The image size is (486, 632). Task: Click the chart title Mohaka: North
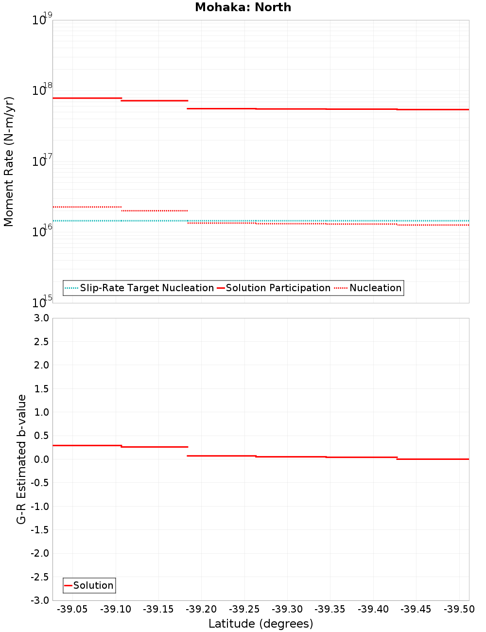pyautogui.click(x=243, y=7)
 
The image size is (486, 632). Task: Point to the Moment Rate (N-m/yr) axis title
pyautogui.click(x=9, y=161)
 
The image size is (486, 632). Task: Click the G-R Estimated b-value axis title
pyautogui.click(x=21, y=459)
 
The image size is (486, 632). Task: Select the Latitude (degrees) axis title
pyautogui.click(x=260, y=624)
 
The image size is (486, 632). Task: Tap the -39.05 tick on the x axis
pyautogui.click(x=72, y=609)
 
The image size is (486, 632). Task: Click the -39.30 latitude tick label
pyautogui.click(x=287, y=609)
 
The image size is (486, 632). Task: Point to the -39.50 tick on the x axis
pyautogui.click(x=459, y=609)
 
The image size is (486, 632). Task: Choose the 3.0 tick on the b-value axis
pyautogui.click(x=40, y=318)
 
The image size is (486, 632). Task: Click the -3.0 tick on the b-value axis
pyautogui.click(x=38, y=600)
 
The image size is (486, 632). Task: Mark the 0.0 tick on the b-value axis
pyautogui.click(x=40, y=459)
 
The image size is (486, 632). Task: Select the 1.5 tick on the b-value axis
pyautogui.click(x=40, y=388)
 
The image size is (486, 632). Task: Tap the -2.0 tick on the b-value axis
pyautogui.click(x=38, y=553)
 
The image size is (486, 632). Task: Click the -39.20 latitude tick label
pyautogui.click(x=201, y=609)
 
